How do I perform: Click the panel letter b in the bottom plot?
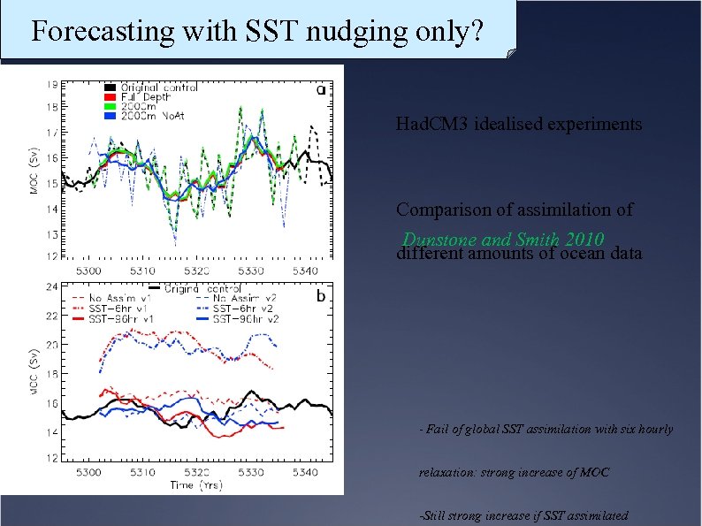[x=321, y=296]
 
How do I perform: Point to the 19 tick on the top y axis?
[x=53, y=84]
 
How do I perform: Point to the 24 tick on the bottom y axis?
[x=53, y=286]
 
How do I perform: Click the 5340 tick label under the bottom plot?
[x=303, y=473]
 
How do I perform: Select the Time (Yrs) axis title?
[x=195, y=485]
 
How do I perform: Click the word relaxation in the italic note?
[x=447, y=473]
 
